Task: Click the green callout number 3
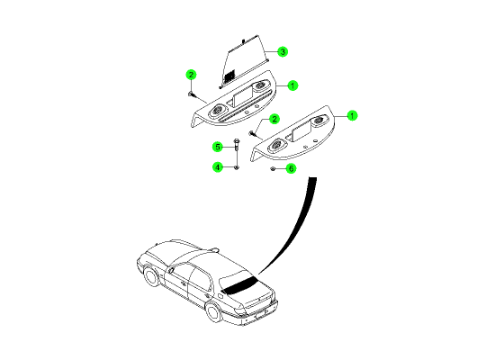click(283, 51)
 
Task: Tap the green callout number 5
click(218, 147)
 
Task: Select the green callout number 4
click(218, 167)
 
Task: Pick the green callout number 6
click(291, 168)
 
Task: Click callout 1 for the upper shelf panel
click(292, 85)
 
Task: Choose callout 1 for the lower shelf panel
click(352, 116)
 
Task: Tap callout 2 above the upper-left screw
click(191, 75)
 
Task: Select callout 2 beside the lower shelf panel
click(274, 119)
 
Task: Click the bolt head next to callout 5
click(237, 140)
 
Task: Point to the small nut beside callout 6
click(273, 169)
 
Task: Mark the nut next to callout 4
click(237, 167)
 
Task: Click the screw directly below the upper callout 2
click(191, 94)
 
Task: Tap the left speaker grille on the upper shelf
click(217, 111)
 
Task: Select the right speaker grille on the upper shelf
click(260, 85)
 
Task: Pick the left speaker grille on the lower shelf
click(276, 145)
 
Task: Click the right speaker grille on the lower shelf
click(319, 120)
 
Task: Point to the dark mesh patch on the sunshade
click(229, 76)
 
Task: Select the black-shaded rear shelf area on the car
click(239, 284)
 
